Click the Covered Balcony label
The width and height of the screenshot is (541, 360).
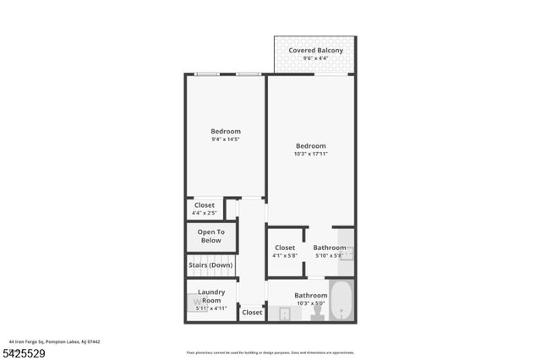coord(315,51)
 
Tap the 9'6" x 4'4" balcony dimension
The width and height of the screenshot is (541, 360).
coord(315,59)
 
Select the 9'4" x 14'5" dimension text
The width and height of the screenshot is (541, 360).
coord(226,139)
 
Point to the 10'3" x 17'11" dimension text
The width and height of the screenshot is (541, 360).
coord(310,154)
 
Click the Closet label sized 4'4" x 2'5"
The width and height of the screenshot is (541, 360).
coord(205,205)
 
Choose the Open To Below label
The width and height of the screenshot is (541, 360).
coord(210,236)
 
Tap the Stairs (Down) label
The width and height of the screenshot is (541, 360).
coord(210,265)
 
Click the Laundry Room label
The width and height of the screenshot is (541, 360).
coord(211,297)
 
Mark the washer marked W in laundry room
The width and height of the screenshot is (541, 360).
coord(197,301)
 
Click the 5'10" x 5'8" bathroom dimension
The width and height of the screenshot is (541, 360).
coord(328,255)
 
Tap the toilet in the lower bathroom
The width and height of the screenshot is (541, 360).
coord(317,313)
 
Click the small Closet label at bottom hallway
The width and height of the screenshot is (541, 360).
coord(252,313)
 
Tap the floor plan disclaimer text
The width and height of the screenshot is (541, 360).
coord(270,352)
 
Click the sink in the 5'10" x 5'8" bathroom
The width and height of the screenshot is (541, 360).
coord(347,251)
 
